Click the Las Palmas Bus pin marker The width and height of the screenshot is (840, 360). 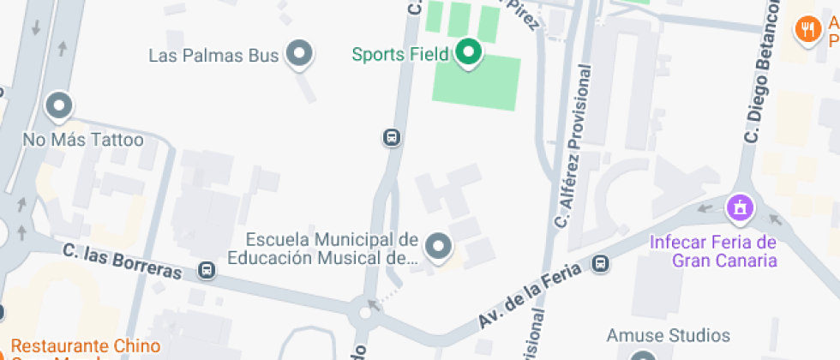[x=298, y=54]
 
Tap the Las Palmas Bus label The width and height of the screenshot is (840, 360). [x=213, y=56]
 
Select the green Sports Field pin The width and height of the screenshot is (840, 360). [x=468, y=54]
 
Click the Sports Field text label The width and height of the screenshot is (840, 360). [x=400, y=55]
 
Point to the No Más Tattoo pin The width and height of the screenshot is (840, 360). [x=59, y=106]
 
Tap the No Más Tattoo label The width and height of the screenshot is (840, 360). [x=83, y=140]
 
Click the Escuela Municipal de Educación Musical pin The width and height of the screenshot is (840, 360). [x=439, y=247]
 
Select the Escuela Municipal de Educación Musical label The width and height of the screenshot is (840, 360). [x=322, y=248]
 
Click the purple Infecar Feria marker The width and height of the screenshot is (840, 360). [x=739, y=207]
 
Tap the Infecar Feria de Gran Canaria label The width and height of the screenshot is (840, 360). [x=712, y=251]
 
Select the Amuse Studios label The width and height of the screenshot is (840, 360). [x=668, y=335]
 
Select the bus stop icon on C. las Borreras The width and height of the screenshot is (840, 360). [x=207, y=270]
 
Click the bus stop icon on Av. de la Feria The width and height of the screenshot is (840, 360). [x=602, y=263]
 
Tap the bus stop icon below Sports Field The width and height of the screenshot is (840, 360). [x=391, y=137]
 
